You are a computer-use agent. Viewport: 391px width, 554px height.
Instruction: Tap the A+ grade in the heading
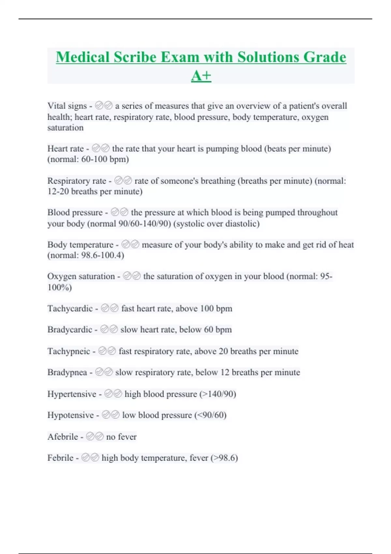pyautogui.click(x=201, y=76)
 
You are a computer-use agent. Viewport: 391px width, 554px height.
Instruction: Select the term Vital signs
pyautogui.click(x=67, y=106)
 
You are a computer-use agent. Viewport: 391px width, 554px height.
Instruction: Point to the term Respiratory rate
pyautogui.click(x=77, y=181)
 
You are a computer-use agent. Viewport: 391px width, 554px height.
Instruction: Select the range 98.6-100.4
pyautogui.click(x=101, y=255)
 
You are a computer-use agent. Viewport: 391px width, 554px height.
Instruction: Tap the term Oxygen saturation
pyautogui.click(x=81, y=276)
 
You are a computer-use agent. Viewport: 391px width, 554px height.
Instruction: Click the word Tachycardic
pyautogui.click(x=70, y=309)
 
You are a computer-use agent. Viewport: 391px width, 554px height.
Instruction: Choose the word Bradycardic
pyautogui.click(x=70, y=330)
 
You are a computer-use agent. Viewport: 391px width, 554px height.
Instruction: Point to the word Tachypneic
pyautogui.click(x=69, y=351)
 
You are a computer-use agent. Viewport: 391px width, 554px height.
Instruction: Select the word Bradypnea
pyautogui.click(x=67, y=372)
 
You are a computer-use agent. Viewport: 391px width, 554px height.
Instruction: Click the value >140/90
pyautogui.click(x=218, y=394)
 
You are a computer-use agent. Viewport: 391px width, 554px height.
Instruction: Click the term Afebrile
pyautogui.click(x=63, y=437)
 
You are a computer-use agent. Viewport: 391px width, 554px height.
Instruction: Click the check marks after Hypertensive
pyautogui.click(x=113, y=394)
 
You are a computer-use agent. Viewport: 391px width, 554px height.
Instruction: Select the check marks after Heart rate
pyautogui.click(x=101, y=149)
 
